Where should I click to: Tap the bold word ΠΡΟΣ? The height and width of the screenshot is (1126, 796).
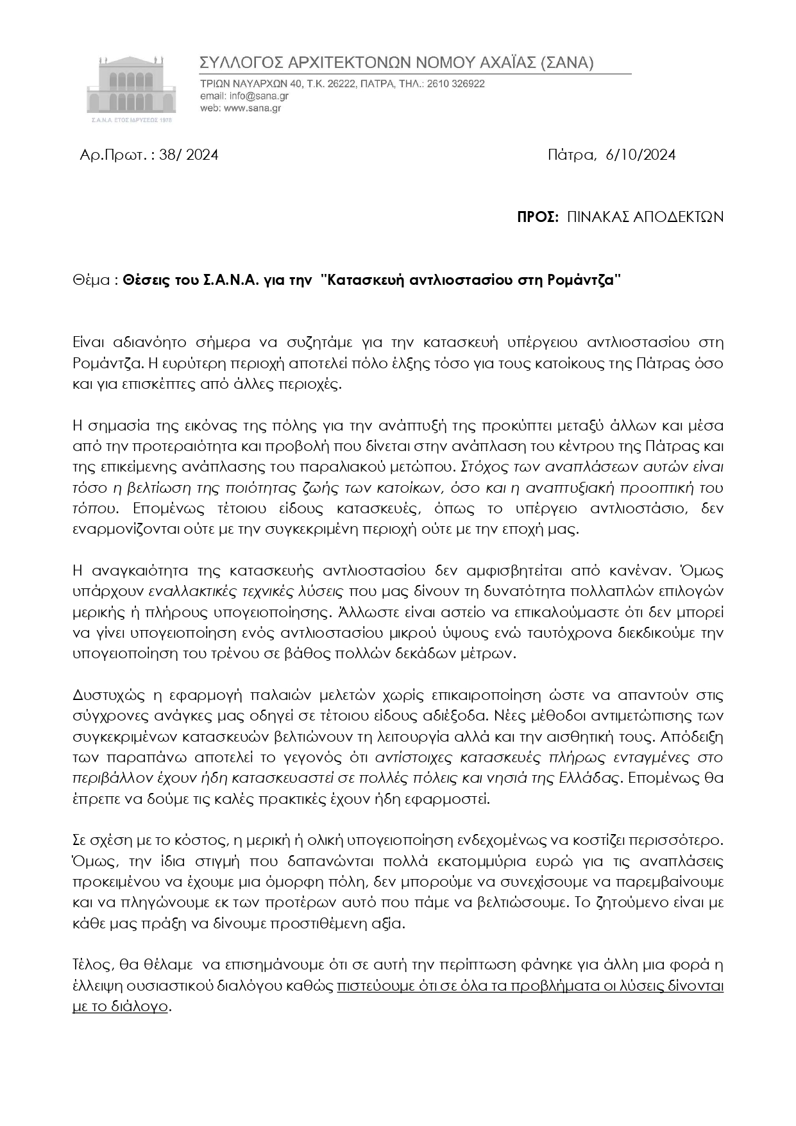click(x=537, y=217)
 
